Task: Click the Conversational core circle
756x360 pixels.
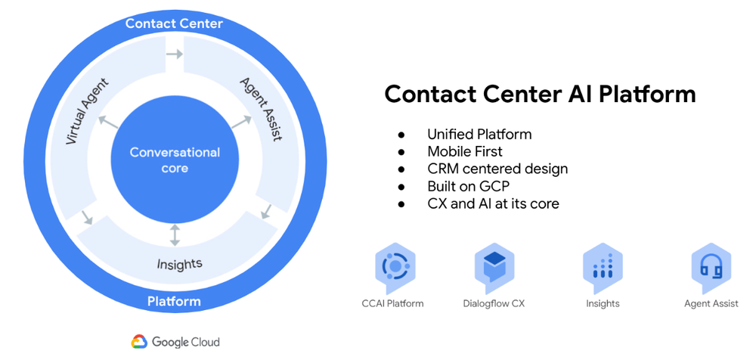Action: pyautogui.click(x=175, y=160)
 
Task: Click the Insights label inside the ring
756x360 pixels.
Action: pyautogui.click(x=179, y=264)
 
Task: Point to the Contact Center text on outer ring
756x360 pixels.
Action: pyautogui.click(x=174, y=23)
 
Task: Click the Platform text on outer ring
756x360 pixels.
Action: pyautogui.click(x=174, y=301)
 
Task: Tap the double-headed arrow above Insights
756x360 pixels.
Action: pyautogui.click(x=175, y=234)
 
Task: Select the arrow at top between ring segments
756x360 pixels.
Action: pyautogui.click(x=174, y=54)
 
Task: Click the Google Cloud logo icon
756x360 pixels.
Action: pyautogui.click(x=139, y=342)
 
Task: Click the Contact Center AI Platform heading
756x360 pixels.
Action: pyautogui.click(x=540, y=95)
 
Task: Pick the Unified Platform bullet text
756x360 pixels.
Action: pyautogui.click(x=479, y=135)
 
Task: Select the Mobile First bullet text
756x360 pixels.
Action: pyautogui.click(x=464, y=152)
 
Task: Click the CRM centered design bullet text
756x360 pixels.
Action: pyautogui.click(x=497, y=169)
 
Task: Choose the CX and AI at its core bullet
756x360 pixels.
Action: pyautogui.click(x=493, y=203)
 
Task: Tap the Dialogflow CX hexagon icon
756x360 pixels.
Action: pyautogui.click(x=494, y=268)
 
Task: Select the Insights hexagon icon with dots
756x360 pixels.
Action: pyautogui.click(x=603, y=268)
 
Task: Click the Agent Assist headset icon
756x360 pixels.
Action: pyautogui.click(x=711, y=268)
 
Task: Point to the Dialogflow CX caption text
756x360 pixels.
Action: pyautogui.click(x=494, y=304)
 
